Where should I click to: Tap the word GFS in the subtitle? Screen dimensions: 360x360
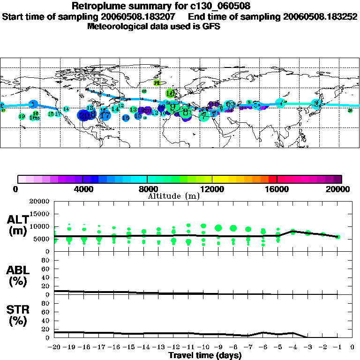[211, 26]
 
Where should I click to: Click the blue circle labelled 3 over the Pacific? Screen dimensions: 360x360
[33, 104]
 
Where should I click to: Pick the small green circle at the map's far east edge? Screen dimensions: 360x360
[350, 111]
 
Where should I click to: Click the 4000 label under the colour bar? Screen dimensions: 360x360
[82, 189]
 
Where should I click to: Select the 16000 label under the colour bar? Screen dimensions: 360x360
[277, 189]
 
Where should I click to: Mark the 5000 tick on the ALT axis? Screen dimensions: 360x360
[42, 239]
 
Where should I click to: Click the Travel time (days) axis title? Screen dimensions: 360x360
[205, 356]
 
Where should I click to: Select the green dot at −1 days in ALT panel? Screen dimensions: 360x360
[337, 237]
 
